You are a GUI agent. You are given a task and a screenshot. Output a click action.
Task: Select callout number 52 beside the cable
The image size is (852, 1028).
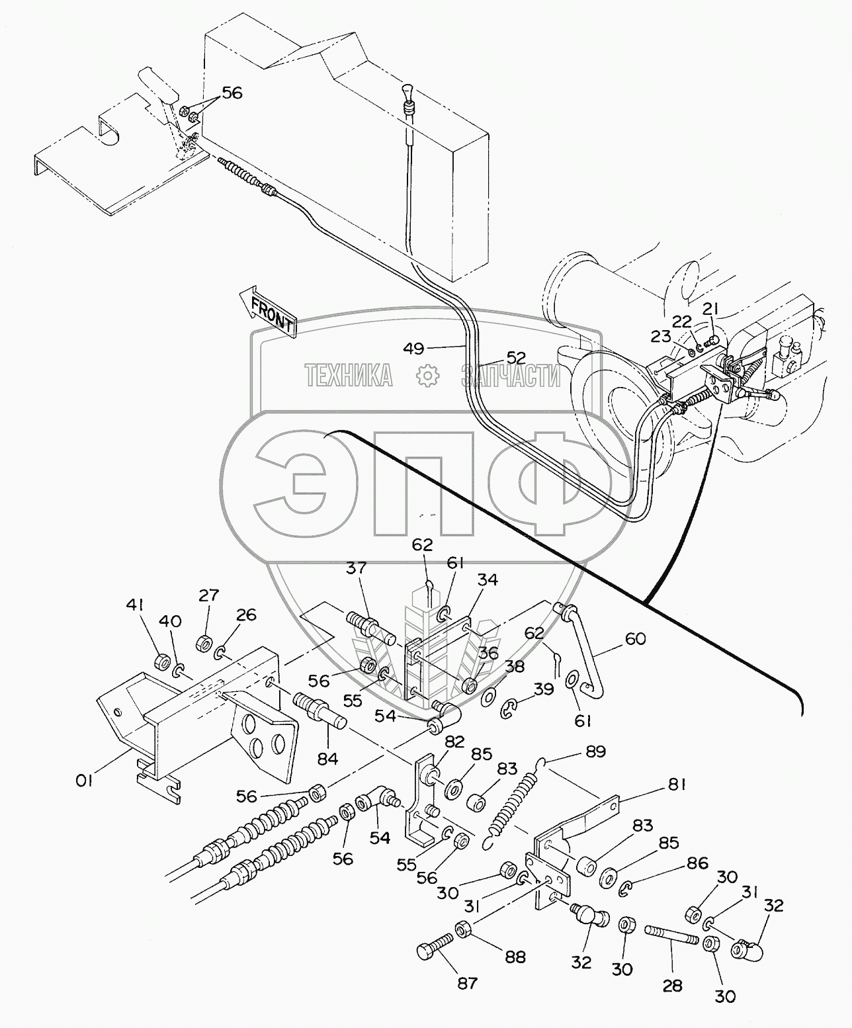click(x=517, y=358)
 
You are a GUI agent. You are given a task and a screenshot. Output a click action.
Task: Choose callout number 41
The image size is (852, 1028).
click(x=136, y=605)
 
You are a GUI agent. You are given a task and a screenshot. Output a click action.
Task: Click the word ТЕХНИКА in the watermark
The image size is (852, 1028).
click(x=349, y=376)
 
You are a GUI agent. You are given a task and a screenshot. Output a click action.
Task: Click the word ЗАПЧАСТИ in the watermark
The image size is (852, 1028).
click(x=511, y=376)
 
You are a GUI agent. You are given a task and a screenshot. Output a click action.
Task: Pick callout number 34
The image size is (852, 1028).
click(x=488, y=579)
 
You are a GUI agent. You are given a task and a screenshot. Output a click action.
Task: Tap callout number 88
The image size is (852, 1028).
click(x=515, y=957)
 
